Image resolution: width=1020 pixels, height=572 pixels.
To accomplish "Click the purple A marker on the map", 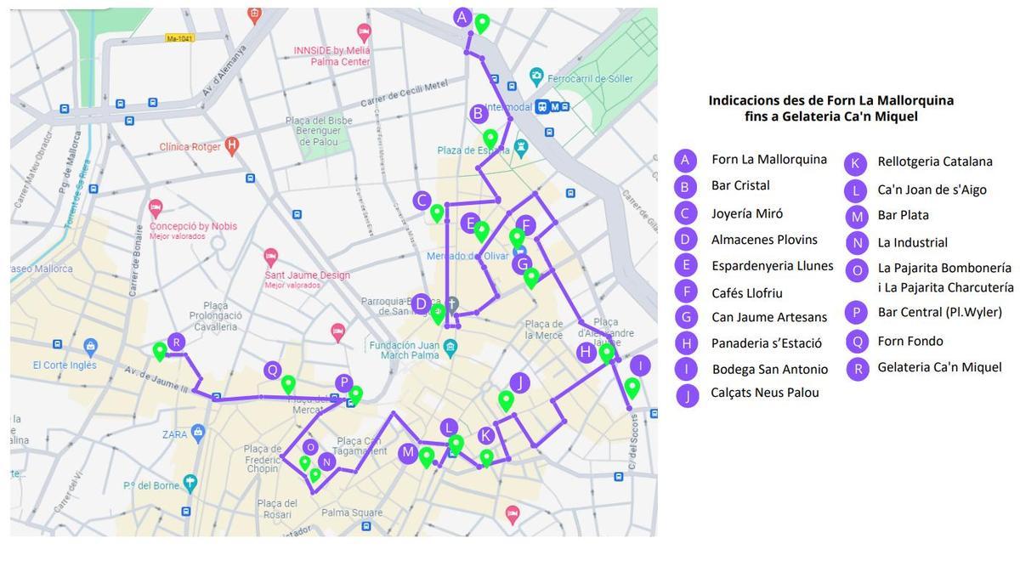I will [x=462, y=17].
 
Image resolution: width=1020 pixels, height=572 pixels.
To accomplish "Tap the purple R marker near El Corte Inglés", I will [x=176, y=343].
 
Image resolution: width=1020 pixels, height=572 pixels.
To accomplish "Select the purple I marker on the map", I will [x=639, y=366].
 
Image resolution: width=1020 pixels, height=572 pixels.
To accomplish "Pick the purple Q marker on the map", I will [x=272, y=370].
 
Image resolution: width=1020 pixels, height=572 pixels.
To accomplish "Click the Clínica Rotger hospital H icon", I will [x=231, y=146].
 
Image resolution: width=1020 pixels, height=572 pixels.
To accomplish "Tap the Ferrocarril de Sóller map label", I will [x=590, y=79].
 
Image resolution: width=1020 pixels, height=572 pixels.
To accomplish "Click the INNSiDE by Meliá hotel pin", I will [x=365, y=33].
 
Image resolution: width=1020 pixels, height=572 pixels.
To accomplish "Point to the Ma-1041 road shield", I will [x=180, y=38].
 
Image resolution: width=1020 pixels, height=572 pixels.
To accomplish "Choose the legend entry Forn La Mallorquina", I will [x=768, y=160].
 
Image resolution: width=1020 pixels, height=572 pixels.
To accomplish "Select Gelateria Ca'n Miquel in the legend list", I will [x=939, y=367].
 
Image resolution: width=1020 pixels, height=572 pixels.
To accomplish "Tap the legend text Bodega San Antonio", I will [x=769, y=369].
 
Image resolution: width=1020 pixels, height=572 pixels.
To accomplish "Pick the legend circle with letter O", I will [x=857, y=270].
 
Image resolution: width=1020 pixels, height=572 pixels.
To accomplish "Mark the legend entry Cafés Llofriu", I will [x=746, y=293].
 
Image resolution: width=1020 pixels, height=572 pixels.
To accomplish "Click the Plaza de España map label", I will [x=473, y=150].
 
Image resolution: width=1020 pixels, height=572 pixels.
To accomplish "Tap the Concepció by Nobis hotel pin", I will [x=156, y=208].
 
